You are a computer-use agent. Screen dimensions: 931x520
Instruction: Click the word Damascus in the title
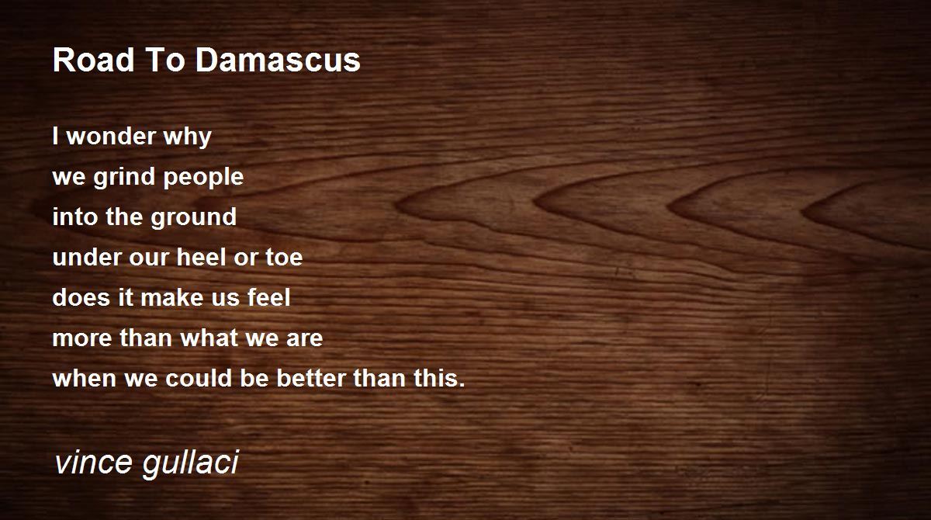point(278,61)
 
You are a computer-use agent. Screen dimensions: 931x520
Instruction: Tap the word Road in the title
point(94,61)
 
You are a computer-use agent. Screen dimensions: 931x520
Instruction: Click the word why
point(188,137)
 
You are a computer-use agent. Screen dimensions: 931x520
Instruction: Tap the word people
point(203,178)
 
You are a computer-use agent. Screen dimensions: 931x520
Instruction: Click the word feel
point(269,297)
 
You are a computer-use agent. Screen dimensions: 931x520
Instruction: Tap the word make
point(172,297)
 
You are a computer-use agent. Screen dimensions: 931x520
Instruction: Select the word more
point(82,338)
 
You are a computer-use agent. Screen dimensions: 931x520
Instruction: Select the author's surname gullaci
point(191,464)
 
